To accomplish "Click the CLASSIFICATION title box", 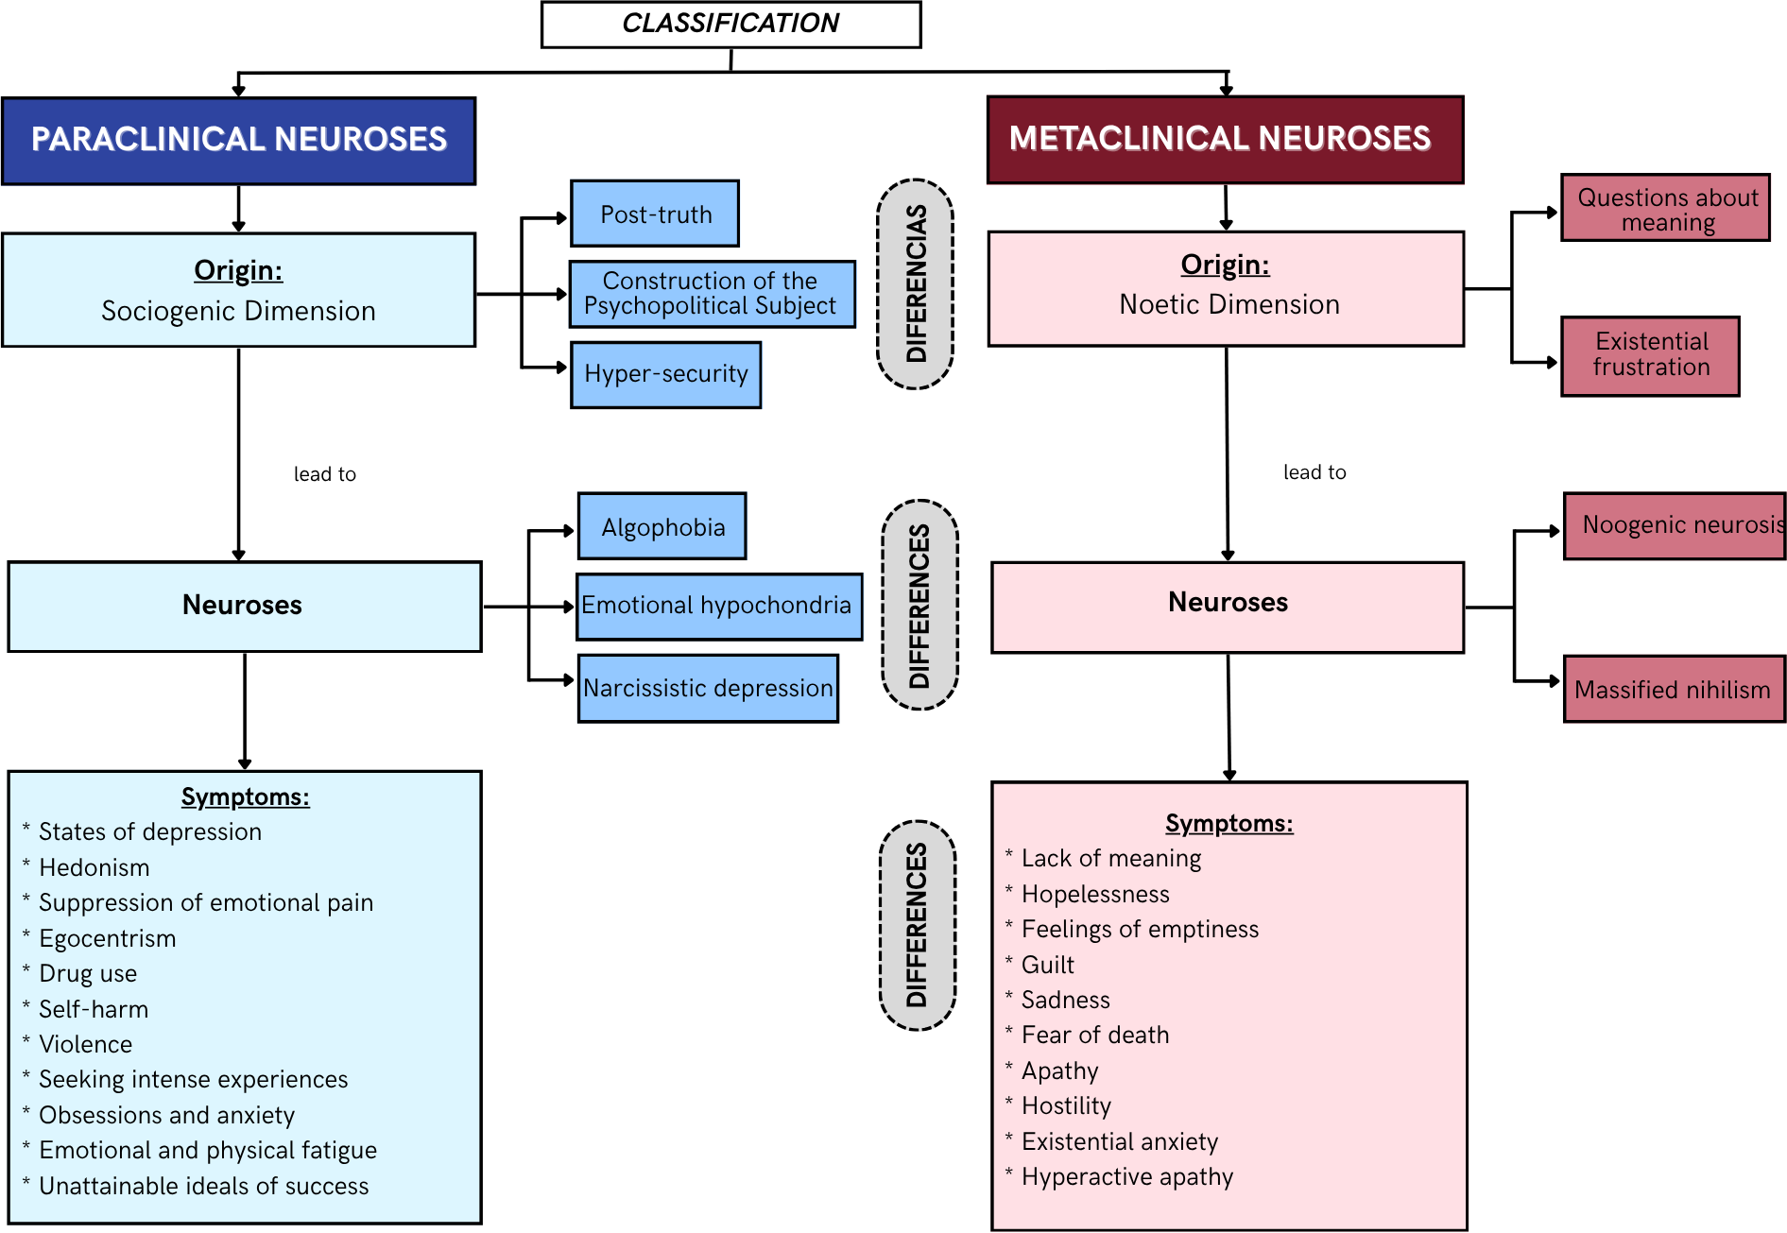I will point(730,24).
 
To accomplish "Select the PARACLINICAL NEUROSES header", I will point(238,140).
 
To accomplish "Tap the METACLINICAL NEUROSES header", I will point(1225,139).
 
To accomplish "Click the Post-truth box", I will point(655,214).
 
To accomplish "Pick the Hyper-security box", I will point(665,374).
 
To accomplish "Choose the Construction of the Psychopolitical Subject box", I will point(712,294).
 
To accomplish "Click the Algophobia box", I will point(662,526).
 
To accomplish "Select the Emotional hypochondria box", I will point(718,606).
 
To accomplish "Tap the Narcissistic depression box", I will point(708,688).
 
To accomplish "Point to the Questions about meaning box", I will point(1665,208).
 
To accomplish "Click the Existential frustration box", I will point(1650,355).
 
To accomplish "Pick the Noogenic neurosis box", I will point(1675,525).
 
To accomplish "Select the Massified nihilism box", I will point(1673,689).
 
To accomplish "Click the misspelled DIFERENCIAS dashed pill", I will point(916,283).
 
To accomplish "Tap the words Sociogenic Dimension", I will point(238,311).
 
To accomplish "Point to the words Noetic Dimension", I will point(1229,304).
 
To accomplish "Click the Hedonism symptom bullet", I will point(94,867).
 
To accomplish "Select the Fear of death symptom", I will point(1094,1035).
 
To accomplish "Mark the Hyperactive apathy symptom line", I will point(1126,1176).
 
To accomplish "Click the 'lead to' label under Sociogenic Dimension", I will point(324,474).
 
